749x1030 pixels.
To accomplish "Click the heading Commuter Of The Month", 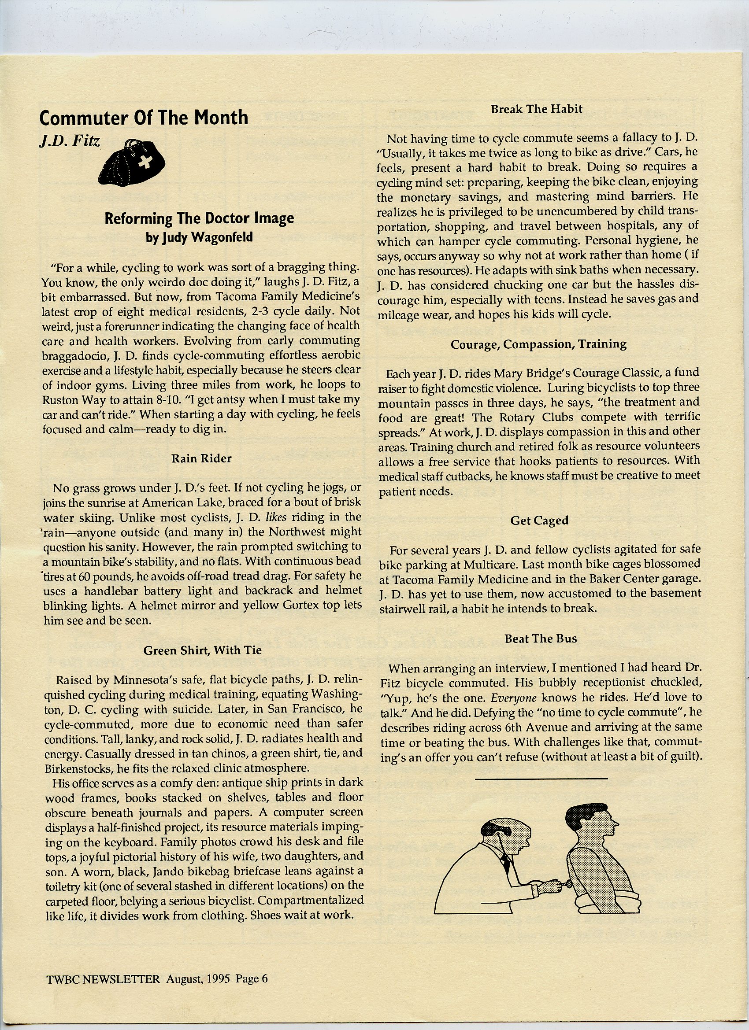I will pyautogui.click(x=144, y=118).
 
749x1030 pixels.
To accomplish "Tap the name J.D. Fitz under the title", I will pyautogui.click(x=69, y=141).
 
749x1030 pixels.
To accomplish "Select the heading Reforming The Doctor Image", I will pyautogui.click(x=199, y=218).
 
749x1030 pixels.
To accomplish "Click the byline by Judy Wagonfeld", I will pyautogui.click(x=199, y=237).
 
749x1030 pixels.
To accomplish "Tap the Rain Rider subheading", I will pyautogui.click(x=201, y=459).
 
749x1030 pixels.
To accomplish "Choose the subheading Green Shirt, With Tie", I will pyautogui.click(x=202, y=650).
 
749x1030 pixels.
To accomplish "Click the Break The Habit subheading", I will pyautogui.click(x=536, y=109).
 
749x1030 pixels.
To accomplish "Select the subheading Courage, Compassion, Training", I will pyautogui.click(x=538, y=344).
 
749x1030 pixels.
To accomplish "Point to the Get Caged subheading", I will pyautogui.click(x=539, y=521).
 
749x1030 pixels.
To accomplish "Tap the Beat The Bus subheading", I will pyautogui.click(x=541, y=639).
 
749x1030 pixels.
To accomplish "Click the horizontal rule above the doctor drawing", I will pyautogui.click(x=541, y=779).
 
